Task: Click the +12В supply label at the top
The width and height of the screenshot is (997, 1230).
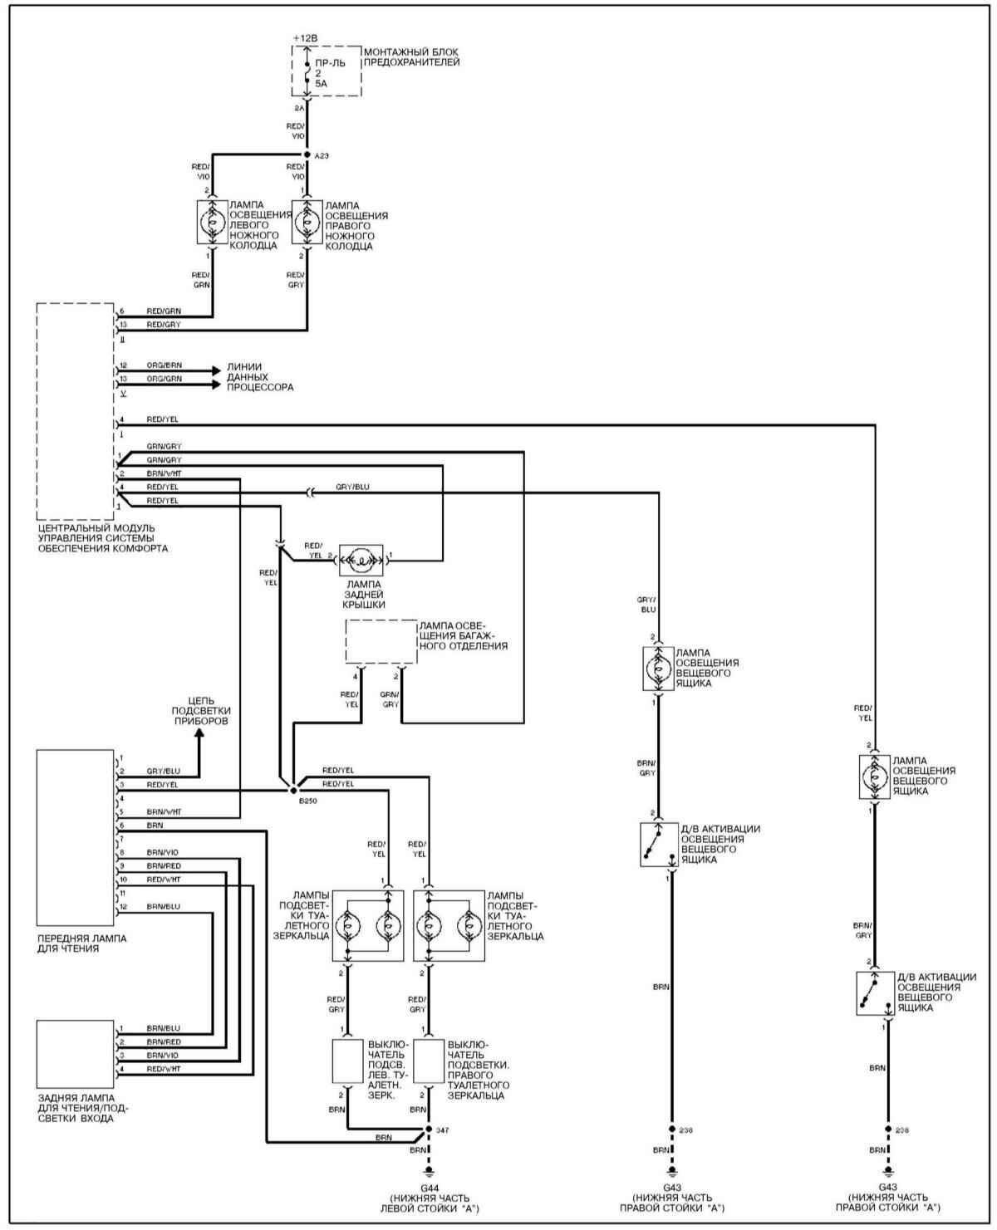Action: point(305,38)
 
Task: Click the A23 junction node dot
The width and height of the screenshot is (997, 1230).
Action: point(307,154)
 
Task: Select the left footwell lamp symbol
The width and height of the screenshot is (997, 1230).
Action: point(211,222)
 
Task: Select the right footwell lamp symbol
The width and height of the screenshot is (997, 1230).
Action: point(307,222)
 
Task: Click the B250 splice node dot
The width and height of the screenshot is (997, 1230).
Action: point(292,790)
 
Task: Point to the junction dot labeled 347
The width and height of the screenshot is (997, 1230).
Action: point(429,1130)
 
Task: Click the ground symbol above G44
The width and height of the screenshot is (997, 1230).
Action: point(429,1172)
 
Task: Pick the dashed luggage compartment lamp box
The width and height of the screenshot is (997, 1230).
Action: point(381,641)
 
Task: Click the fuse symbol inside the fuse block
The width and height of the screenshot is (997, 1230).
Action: point(307,73)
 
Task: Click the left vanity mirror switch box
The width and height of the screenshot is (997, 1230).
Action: point(347,1061)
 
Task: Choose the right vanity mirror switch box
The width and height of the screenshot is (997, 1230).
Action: point(429,1061)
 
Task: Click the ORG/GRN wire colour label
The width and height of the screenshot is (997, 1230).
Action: point(164,379)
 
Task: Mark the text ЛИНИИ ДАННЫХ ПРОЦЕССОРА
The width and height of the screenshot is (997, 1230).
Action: point(259,377)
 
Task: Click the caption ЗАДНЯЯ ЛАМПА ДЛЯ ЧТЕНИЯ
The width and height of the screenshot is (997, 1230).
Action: point(81,1107)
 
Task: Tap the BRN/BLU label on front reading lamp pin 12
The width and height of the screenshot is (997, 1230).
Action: point(163,906)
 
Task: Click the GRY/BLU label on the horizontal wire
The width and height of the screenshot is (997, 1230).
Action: point(352,487)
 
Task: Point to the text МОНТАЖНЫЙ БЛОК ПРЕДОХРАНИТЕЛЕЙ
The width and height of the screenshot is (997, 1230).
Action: point(412,56)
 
